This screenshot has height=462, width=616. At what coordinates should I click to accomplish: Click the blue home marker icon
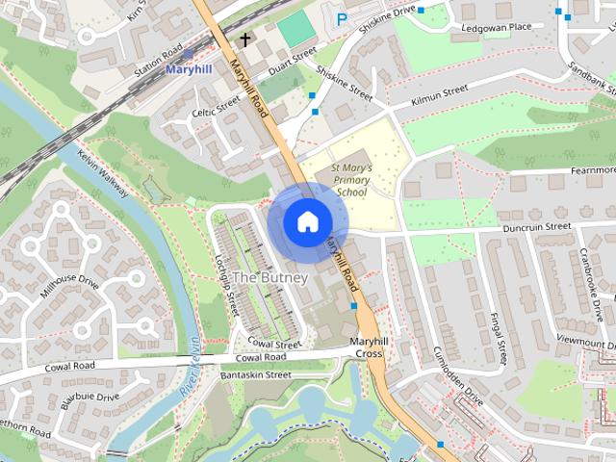[307, 222]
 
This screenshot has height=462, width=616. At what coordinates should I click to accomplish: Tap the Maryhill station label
[190, 70]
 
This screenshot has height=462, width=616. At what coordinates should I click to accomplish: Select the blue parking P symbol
[341, 19]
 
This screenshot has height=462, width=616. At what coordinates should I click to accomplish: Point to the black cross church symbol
[245, 40]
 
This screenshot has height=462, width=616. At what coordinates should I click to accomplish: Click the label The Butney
[270, 278]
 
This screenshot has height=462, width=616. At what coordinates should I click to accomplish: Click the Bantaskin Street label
[256, 374]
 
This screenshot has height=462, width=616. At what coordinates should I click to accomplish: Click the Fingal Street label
[499, 336]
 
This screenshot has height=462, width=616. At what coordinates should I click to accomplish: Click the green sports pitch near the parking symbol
[296, 29]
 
